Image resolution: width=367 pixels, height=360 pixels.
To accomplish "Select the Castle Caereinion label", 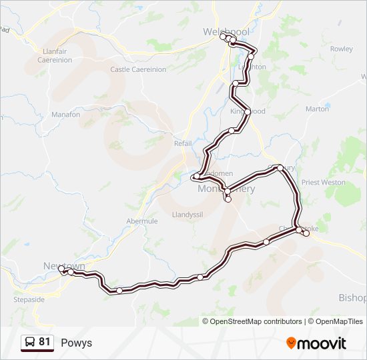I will [138, 69].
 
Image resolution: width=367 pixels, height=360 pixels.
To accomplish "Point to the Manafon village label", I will [65, 115].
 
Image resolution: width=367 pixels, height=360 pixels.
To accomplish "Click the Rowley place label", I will [341, 49].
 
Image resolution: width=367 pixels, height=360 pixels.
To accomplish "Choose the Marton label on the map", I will [317, 108].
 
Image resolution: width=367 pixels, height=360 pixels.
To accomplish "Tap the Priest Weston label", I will [324, 182].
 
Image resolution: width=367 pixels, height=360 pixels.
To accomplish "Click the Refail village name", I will [182, 143].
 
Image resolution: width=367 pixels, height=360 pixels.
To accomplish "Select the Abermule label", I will [141, 221].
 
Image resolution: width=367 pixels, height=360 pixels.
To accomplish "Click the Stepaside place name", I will [29, 300].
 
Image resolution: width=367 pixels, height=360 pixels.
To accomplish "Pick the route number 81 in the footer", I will [45, 342].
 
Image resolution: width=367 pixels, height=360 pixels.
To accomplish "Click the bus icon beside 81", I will [30, 343].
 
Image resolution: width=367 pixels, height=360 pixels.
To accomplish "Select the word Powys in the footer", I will [76, 343].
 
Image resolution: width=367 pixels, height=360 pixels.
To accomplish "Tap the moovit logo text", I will [322, 343].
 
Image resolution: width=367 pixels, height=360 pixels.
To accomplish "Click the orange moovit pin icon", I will [291, 343].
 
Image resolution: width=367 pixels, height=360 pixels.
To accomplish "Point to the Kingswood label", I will [248, 111].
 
